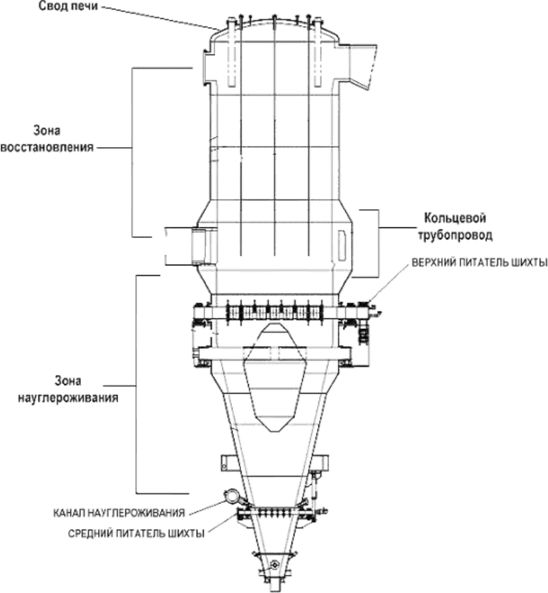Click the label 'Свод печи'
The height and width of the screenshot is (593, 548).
[x=68, y=7]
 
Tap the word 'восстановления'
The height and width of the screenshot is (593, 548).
[x=47, y=147]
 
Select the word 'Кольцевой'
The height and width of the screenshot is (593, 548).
[x=455, y=218]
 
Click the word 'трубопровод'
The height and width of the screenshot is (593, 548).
[x=455, y=235]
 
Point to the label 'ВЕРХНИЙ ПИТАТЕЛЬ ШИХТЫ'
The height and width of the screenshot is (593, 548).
[x=479, y=263]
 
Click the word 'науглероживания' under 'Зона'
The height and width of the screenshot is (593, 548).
[x=68, y=398]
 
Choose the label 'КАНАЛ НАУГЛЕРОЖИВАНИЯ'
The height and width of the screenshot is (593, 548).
[x=119, y=513]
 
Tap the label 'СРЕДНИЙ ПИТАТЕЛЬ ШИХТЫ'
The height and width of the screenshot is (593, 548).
[x=136, y=533]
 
